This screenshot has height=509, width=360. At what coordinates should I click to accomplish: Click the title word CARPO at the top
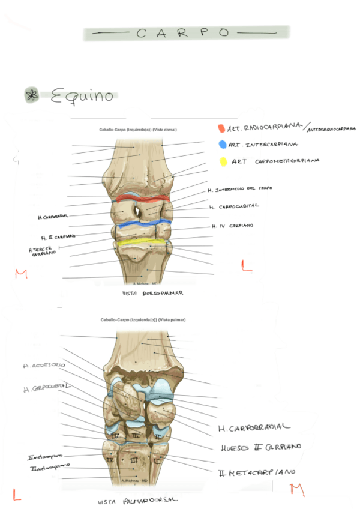pos(183,34)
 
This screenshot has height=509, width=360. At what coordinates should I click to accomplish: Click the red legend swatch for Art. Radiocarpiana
pos(221,128)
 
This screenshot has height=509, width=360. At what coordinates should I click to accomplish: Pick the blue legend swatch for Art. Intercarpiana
pos(223,145)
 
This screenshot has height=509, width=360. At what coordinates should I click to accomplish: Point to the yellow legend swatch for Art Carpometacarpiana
pos(223,161)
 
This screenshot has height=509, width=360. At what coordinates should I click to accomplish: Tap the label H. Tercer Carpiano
pos(41,251)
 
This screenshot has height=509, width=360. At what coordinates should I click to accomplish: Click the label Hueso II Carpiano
pos(260,447)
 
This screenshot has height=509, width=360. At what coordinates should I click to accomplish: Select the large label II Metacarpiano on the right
pos(257,472)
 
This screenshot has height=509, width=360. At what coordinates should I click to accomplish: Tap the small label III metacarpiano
pos(49,466)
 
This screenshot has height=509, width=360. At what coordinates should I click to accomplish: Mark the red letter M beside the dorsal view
pos(22,274)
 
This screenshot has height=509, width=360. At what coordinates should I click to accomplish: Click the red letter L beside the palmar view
pos(17,495)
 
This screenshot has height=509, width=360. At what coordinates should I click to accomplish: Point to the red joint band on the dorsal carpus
pos(143,198)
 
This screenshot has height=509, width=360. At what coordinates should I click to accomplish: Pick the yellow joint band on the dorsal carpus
pos(141,243)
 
